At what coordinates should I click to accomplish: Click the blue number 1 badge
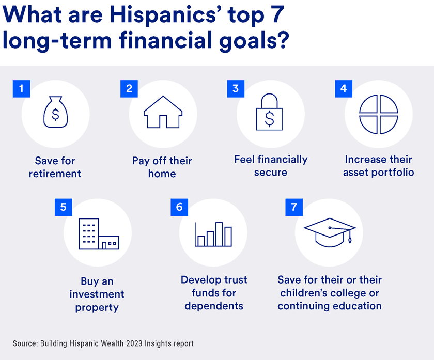click(21, 88)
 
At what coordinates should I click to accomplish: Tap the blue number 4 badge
click(344, 88)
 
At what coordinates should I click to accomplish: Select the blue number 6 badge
click(179, 207)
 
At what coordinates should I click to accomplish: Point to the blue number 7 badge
click(294, 207)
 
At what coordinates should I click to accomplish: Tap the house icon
click(163, 112)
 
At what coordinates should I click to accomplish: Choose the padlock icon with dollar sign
click(270, 113)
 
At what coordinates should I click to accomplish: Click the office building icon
click(98, 234)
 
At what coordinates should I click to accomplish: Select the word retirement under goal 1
click(55, 174)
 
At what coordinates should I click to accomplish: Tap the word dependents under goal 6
click(213, 306)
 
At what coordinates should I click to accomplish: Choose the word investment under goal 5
click(97, 294)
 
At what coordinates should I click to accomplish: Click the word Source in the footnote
click(24, 343)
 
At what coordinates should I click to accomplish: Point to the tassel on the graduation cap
click(350, 238)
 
